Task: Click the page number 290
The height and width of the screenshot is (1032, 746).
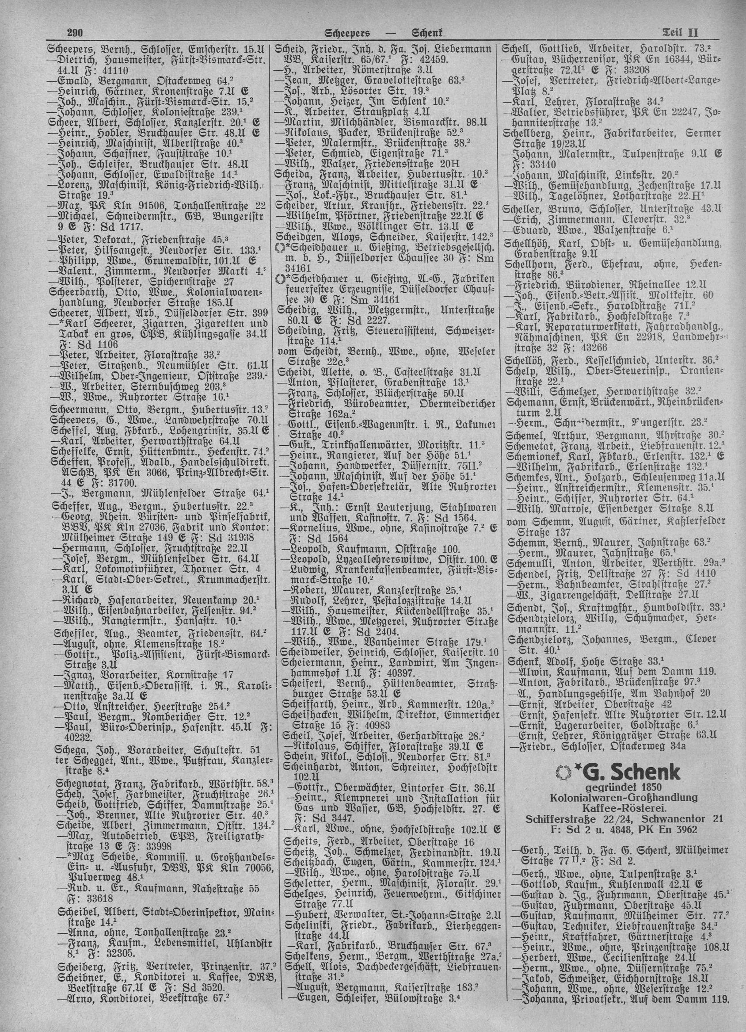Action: click(x=73, y=33)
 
